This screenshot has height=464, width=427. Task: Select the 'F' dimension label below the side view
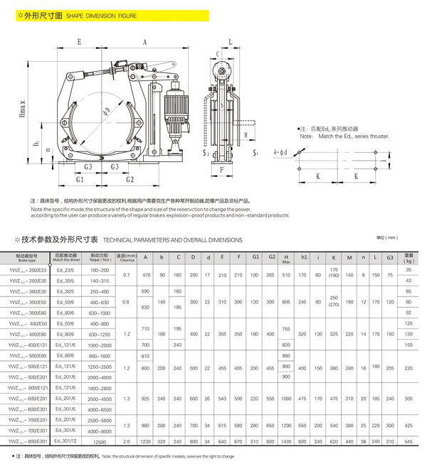point(221,171)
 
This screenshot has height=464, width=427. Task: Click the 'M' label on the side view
point(245,133)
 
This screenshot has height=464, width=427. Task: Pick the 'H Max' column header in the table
point(285,257)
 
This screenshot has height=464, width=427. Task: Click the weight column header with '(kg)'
point(408,257)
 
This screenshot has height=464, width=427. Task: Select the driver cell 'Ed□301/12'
point(62,443)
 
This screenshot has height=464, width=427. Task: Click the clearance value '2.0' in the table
point(126,443)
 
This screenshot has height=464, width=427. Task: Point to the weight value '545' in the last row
point(408,443)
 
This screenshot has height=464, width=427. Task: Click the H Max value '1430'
point(285,443)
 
